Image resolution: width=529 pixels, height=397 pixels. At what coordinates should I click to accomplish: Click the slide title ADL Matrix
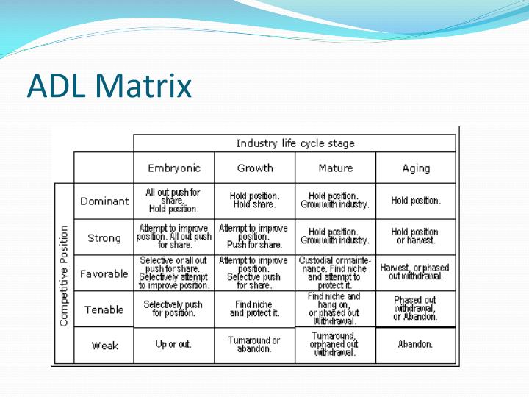pyautogui.click(x=109, y=85)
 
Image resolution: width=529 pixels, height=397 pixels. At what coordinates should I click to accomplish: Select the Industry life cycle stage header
pyautogui.click(x=295, y=143)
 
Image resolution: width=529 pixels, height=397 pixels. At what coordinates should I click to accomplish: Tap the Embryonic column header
pyautogui.click(x=173, y=168)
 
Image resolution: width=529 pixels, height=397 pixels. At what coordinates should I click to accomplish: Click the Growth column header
pyautogui.click(x=254, y=168)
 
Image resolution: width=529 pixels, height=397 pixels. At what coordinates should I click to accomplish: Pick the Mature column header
pyautogui.click(x=335, y=168)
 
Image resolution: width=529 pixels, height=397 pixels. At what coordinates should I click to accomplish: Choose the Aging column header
pyautogui.click(x=416, y=168)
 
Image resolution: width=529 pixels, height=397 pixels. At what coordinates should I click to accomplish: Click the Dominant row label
pyautogui.click(x=104, y=201)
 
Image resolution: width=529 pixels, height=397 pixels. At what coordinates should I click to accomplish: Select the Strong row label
pyautogui.click(x=104, y=237)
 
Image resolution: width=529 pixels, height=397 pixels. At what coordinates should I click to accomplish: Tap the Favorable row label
pyautogui.click(x=104, y=273)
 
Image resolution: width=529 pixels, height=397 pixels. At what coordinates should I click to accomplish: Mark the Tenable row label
pyautogui.click(x=104, y=310)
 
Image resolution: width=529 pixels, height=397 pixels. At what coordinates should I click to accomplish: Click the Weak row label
pyautogui.click(x=104, y=346)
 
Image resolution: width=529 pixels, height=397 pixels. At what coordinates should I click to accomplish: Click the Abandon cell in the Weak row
pyautogui.click(x=416, y=344)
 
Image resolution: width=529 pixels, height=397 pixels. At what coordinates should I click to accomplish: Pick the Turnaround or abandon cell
pyautogui.click(x=254, y=345)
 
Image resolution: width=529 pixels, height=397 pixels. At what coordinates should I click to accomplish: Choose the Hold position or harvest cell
pyautogui.click(x=416, y=237)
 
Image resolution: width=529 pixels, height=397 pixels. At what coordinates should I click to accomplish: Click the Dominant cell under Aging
pyautogui.click(x=416, y=201)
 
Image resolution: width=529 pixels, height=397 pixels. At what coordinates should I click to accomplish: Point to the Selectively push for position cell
pyautogui.click(x=173, y=309)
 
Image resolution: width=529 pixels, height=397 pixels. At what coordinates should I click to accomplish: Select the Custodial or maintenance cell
pyautogui.click(x=335, y=273)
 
